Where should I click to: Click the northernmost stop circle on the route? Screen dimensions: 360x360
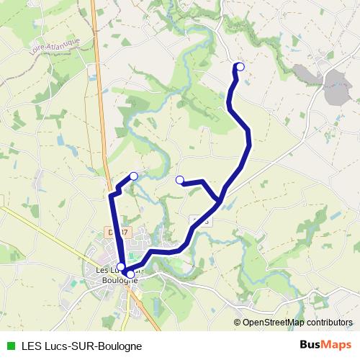point(240,67)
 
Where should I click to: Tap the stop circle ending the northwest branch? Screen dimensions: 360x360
point(133,176)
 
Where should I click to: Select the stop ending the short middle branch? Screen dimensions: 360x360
point(179,180)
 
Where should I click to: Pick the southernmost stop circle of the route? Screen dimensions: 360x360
point(130,274)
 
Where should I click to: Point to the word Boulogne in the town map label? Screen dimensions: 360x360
point(120,281)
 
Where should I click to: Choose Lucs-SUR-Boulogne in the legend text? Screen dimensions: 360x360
point(94,346)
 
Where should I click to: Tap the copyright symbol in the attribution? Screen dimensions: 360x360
point(238,323)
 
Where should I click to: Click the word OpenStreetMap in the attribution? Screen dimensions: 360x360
point(274,323)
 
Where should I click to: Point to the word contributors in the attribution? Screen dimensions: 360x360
point(329,323)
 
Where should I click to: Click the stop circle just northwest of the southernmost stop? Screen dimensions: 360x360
point(121,267)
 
